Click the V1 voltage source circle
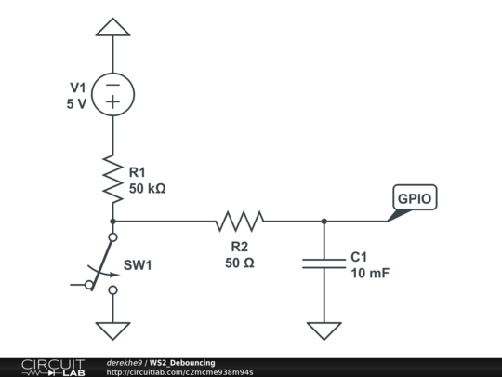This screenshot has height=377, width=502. tap(112, 94)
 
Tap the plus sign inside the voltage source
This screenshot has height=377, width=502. tap(112, 103)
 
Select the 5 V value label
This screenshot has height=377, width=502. tap(76, 104)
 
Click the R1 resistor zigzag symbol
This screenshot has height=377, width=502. tap(112, 180)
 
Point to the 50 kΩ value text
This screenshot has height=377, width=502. tap(147, 188)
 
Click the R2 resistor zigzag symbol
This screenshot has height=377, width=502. tap(240, 221)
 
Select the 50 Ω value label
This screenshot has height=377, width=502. tap(239, 263)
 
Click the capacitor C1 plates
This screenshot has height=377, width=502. tap(324, 264)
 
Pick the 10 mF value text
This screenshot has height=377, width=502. tap(369, 273)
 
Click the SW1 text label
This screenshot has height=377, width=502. tap(138, 265)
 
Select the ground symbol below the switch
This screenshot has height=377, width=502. tap(112, 330)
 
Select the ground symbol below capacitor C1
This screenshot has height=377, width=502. tap(324, 330)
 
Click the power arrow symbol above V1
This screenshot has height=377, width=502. tap(112, 27)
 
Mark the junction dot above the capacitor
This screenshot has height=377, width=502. tap(324, 221)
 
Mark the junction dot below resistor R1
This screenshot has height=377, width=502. tap(112, 221)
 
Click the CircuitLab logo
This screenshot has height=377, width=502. tap(53, 367)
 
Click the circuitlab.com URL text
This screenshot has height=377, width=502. tap(179, 372)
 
